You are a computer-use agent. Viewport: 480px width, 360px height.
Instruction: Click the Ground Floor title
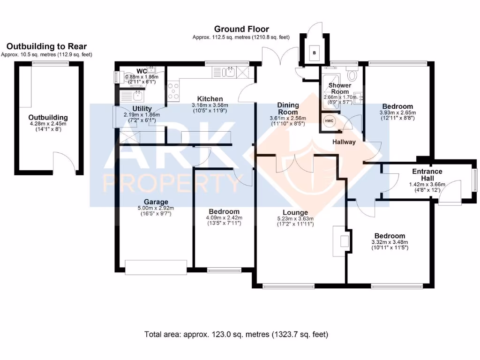[241, 29]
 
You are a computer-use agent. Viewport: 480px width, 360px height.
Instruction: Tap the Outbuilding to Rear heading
[46, 46]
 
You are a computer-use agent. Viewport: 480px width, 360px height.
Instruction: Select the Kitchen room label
[210, 99]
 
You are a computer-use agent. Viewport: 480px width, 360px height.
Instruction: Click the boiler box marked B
[314, 52]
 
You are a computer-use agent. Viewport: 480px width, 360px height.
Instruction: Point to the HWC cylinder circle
[329, 121]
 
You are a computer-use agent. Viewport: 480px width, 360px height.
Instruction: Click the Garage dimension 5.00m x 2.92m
[156, 208]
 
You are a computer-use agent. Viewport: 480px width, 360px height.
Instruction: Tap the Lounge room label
[295, 212]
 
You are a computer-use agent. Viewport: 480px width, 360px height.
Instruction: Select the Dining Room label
[288, 108]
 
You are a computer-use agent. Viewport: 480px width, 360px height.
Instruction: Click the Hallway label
[344, 142]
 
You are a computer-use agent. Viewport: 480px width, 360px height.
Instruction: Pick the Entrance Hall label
[427, 175]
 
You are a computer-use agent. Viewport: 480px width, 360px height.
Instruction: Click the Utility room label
[142, 109]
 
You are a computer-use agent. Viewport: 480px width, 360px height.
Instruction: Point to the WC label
[142, 71]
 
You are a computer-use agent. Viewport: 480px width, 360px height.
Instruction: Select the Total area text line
[236, 334]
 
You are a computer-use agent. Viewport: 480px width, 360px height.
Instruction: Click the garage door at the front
[156, 267]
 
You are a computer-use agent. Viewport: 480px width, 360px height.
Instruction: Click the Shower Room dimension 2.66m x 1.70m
[340, 97]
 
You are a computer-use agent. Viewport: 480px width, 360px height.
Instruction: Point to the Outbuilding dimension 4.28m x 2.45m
[48, 124]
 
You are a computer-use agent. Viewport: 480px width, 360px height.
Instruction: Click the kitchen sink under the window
[229, 73]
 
